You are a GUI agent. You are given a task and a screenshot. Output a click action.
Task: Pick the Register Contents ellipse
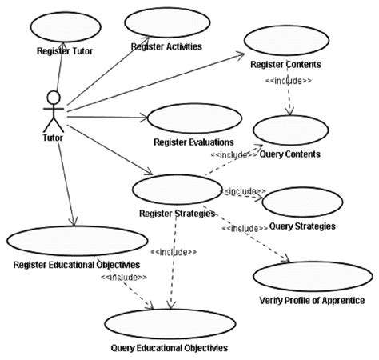coord(286,42)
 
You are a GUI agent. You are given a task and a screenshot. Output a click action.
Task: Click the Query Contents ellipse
coord(291,131)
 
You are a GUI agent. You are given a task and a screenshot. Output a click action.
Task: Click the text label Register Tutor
coord(65,51)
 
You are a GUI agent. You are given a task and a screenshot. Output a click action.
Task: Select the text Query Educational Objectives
coord(170,349)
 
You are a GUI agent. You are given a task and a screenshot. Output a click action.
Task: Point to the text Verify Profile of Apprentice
coord(312,302)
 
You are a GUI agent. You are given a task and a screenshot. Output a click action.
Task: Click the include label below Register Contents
coord(289,81)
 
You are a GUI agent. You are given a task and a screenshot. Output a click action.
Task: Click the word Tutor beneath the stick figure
coord(52,137)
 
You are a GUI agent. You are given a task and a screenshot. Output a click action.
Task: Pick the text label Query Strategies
coord(302,226)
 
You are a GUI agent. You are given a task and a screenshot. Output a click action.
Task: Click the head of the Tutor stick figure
coord(53,97)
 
